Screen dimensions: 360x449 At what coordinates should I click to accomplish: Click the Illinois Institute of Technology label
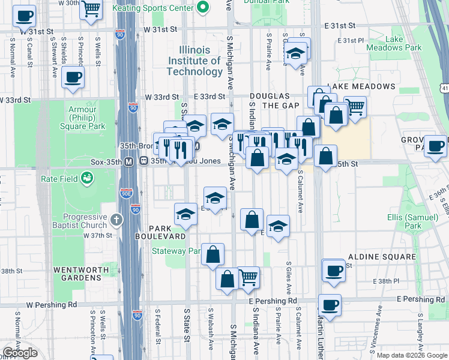tap(195, 61)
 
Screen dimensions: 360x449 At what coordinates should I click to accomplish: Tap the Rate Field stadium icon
tap(87, 178)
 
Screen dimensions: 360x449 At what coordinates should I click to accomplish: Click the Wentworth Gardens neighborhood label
tap(77, 274)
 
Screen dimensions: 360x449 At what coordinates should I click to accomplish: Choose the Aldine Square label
tap(381, 257)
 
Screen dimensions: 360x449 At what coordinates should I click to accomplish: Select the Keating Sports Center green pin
tap(203, 8)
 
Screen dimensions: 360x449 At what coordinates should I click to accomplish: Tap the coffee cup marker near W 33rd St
tap(73, 77)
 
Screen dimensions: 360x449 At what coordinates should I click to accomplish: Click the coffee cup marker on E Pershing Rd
tap(330, 304)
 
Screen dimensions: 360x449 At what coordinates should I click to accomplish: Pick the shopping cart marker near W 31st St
tap(91, 10)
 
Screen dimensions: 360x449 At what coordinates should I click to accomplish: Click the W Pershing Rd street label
tap(52, 305)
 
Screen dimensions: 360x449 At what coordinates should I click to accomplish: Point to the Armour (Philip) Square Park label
tap(82, 118)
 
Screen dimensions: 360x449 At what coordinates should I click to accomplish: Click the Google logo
tap(20, 353)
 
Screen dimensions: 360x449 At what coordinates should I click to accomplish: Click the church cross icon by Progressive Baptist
tap(117, 220)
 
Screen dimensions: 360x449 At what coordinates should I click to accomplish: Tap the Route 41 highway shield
tap(444, 88)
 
